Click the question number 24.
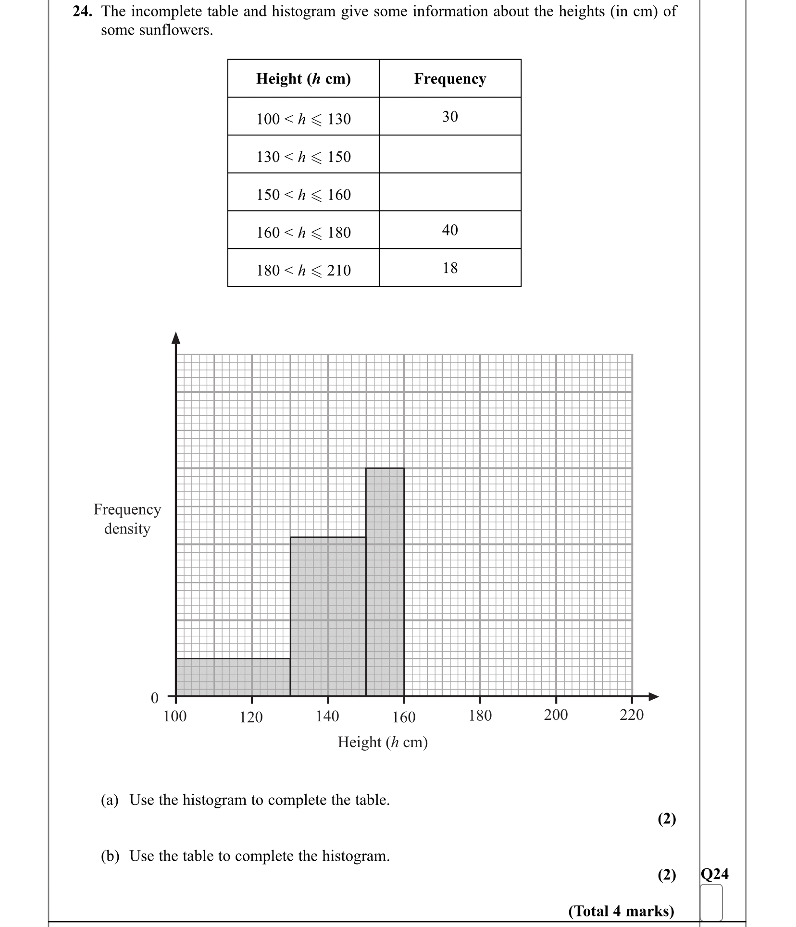click(82, 12)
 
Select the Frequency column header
click(449, 78)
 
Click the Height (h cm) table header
click(303, 78)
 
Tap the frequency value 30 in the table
click(450, 116)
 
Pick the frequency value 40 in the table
click(450, 230)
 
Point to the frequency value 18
click(450, 268)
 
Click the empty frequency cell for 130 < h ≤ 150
click(450, 154)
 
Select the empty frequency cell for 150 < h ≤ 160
click(450, 192)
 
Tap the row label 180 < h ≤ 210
click(303, 270)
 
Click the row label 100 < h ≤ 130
click(303, 119)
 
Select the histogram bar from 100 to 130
click(233, 677)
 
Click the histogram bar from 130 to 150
click(328, 617)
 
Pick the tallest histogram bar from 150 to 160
click(385, 582)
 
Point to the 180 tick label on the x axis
click(480, 716)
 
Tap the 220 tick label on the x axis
click(632, 715)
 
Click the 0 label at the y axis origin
click(155, 698)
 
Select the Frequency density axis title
click(127, 519)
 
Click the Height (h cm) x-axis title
click(383, 742)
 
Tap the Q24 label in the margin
click(715, 874)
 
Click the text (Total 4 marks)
click(621, 911)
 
